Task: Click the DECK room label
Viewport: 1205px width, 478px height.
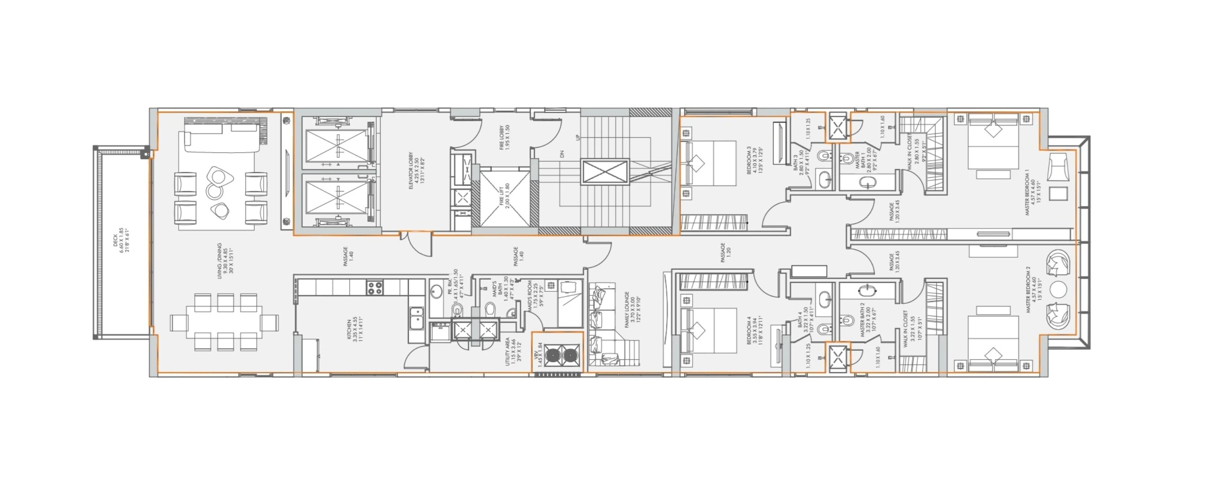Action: tap(121, 241)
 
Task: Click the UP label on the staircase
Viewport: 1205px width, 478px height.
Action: tap(578, 138)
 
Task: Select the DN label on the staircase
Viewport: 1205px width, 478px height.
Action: tap(563, 153)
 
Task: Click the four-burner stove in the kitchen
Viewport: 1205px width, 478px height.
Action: tap(374, 287)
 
